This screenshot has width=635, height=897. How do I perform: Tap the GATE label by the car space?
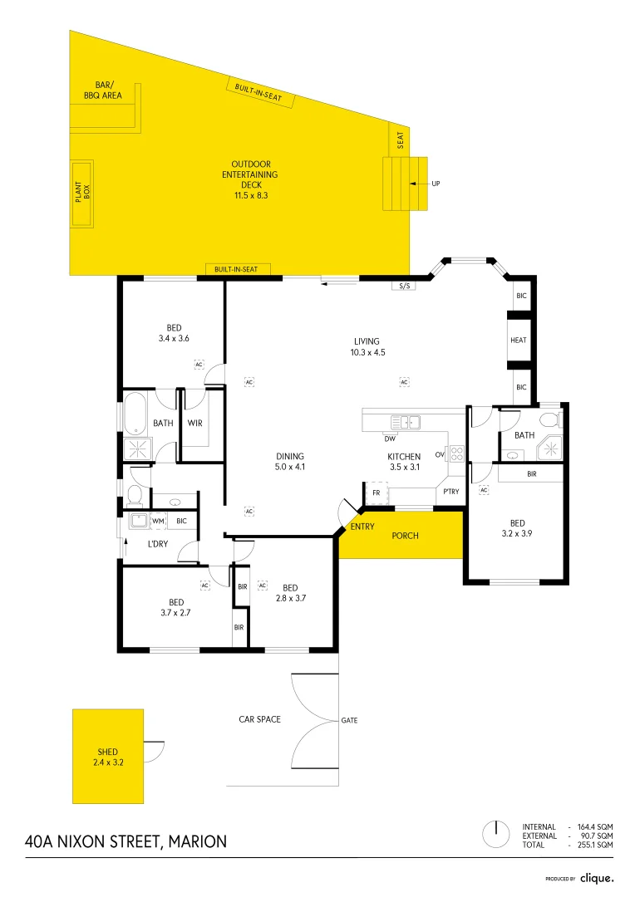(349, 720)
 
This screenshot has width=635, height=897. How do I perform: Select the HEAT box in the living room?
(519, 341)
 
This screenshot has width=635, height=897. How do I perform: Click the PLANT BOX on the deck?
(82, 194)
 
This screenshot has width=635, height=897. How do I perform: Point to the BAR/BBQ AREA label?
(103, 91)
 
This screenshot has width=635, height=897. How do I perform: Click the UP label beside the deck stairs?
(436, 184)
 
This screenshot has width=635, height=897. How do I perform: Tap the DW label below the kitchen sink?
(389, 438)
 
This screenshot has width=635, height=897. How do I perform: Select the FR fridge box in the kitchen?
(376, 493)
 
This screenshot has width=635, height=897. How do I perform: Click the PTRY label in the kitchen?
(451, 492)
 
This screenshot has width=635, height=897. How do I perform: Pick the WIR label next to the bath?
(194, 424)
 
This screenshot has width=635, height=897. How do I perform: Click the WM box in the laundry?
(158, 521)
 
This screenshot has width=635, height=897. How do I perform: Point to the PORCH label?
(405, 536)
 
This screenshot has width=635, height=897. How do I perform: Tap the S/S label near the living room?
(405, 287)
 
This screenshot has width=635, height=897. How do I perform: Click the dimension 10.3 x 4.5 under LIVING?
(367, 352)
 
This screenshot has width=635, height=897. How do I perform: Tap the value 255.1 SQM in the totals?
(596, 845)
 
